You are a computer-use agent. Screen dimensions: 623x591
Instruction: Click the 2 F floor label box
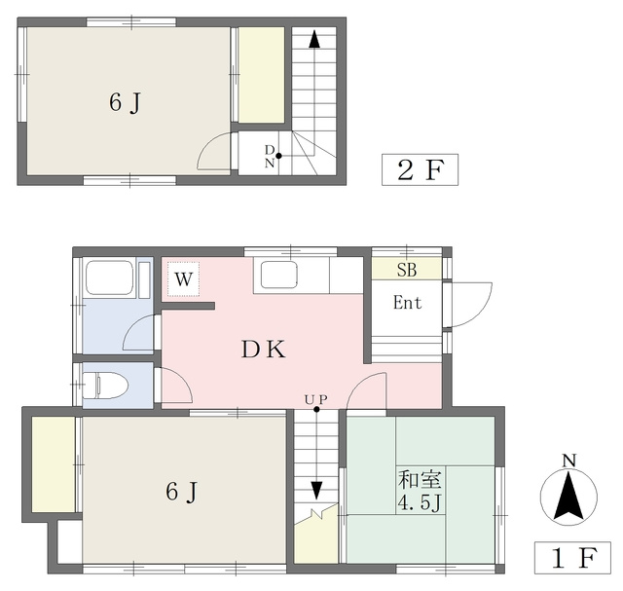coord(420,169)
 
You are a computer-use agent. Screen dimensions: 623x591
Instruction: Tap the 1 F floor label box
coord(572,558)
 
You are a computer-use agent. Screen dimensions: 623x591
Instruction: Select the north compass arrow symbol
coord(568,497)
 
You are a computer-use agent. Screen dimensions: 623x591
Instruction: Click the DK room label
coord(264,350)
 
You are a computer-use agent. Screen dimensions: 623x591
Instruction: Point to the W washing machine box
coord(184,278)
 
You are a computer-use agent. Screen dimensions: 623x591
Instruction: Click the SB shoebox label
coord(407,271)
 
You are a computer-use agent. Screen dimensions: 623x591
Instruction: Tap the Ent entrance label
coord(407,303)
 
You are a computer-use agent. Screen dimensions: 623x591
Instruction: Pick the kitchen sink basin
coord(279,275)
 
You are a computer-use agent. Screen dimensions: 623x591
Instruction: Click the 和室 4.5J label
coord(420,492)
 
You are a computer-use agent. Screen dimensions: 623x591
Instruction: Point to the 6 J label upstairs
coord(126,103)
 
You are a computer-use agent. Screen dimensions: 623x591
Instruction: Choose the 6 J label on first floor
coord(182,492)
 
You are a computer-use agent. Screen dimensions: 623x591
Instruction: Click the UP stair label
coord(316,399)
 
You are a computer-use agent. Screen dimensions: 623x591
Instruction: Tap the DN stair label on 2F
coord(270,156)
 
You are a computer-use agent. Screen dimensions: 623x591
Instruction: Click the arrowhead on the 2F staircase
coord(314,39)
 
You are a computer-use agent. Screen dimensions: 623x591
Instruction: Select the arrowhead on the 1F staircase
coord(316,491)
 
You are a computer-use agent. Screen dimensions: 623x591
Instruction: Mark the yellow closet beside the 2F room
coord(262,75)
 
